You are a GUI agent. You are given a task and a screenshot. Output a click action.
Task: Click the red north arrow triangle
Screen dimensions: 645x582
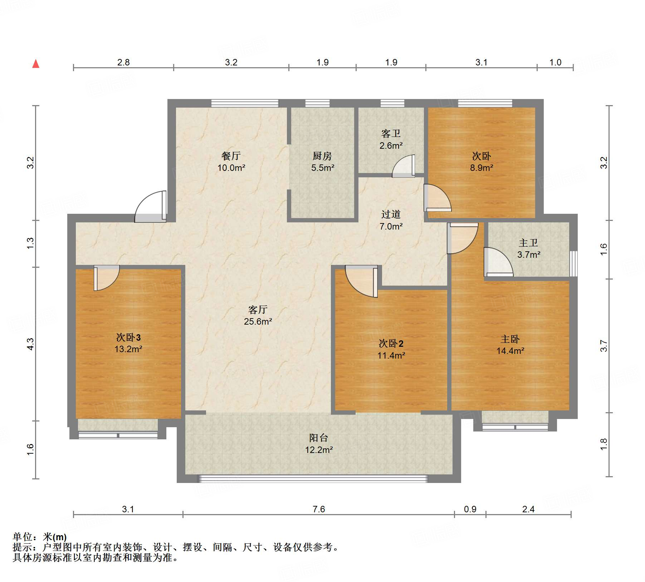click(36, 64)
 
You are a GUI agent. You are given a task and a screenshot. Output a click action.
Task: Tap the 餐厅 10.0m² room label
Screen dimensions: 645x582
click(231, 162)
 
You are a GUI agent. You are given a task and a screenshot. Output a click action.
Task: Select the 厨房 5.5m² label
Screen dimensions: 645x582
click(322, 162)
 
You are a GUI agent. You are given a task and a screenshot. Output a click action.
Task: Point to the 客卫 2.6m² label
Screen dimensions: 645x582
click(391, 139)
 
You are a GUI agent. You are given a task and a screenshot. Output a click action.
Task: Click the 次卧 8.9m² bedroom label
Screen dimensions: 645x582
click(482, 162)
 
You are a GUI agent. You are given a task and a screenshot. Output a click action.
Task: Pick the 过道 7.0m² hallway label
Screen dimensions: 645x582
click(391, 220)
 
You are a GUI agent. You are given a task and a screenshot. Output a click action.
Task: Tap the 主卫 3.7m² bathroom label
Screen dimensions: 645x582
click(529, 249)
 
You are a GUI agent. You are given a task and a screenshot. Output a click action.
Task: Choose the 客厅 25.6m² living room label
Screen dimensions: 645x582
click(258, 315)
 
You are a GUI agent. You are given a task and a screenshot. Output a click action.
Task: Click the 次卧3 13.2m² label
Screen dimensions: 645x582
click(128, 343)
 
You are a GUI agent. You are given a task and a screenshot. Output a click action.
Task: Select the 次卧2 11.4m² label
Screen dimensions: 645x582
click(391, 349)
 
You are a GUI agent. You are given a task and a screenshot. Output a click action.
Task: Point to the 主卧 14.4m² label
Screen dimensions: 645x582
click(510, 345)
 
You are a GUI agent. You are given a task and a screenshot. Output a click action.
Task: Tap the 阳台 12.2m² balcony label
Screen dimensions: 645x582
click(319, 444)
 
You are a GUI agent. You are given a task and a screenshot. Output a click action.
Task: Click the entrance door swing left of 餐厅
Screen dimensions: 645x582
click(151, 207)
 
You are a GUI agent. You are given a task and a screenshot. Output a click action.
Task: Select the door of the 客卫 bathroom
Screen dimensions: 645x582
click(404, 166)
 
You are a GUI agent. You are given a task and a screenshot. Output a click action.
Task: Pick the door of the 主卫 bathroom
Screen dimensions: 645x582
click(498, 262)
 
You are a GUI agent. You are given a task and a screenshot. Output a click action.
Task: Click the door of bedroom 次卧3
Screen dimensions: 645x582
click(107, 278)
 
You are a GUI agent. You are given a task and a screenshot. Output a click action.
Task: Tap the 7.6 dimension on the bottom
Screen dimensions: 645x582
click(319, 509)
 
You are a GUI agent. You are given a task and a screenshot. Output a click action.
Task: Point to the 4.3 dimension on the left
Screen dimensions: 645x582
click(30, 344)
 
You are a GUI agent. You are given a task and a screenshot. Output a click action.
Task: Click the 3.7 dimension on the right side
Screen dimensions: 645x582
click(604, 346)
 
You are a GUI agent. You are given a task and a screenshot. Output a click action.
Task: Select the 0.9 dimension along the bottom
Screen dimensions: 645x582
click(470, 509)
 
